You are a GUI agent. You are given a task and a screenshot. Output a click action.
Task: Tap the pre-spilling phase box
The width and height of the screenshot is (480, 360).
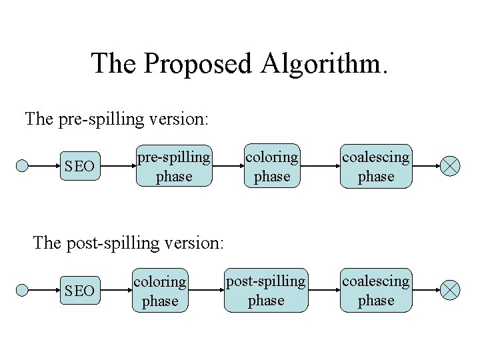click(174, 167)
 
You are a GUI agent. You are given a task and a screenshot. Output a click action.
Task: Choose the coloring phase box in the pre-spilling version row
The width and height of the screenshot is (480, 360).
click(272, 167)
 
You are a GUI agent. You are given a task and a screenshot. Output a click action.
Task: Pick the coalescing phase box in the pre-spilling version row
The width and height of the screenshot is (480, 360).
click(376, 167)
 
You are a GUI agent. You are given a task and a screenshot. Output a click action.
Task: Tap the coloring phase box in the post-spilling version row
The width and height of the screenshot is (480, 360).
click(161, 291)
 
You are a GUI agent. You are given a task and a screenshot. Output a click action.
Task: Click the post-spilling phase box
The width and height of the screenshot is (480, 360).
click(266, 291)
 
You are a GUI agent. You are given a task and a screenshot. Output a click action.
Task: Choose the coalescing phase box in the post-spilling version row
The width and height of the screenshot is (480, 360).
click(376, 291)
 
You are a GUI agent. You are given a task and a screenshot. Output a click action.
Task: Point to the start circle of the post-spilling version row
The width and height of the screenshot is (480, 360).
click(23, 291)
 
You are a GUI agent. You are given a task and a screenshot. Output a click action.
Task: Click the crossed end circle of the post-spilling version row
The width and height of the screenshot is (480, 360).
click(451, 291)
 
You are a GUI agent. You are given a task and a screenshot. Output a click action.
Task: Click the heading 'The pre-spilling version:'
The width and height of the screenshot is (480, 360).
click(117, 120)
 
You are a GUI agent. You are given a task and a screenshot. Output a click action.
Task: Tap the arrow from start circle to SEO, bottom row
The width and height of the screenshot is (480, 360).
click(41, 291)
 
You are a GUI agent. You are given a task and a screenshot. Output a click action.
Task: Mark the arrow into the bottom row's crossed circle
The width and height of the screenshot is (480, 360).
click(427, 291)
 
